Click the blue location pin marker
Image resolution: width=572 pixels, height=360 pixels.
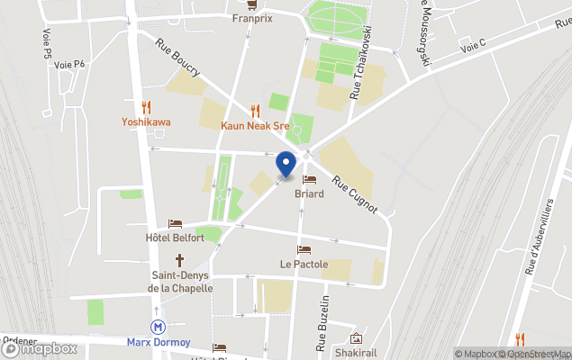point(286,166)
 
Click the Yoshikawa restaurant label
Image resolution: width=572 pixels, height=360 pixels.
point(146,122)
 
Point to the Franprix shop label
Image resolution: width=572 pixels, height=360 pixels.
point(252,17)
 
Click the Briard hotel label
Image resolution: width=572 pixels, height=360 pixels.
point(309,193)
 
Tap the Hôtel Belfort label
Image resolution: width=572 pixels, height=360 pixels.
point(175,238)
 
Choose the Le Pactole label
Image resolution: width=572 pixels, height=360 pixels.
point(304,265)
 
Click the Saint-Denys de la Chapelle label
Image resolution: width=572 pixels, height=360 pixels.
point(181,282)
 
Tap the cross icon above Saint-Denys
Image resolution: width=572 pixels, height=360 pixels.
point(179,260)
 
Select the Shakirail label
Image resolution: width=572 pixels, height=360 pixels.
point(356,353)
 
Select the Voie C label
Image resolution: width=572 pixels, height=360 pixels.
point(473,45)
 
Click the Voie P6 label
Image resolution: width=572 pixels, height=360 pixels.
point(68,64)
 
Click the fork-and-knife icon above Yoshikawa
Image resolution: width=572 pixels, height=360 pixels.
point(146,107)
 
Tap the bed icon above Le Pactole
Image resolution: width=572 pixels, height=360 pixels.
point(304,249)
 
